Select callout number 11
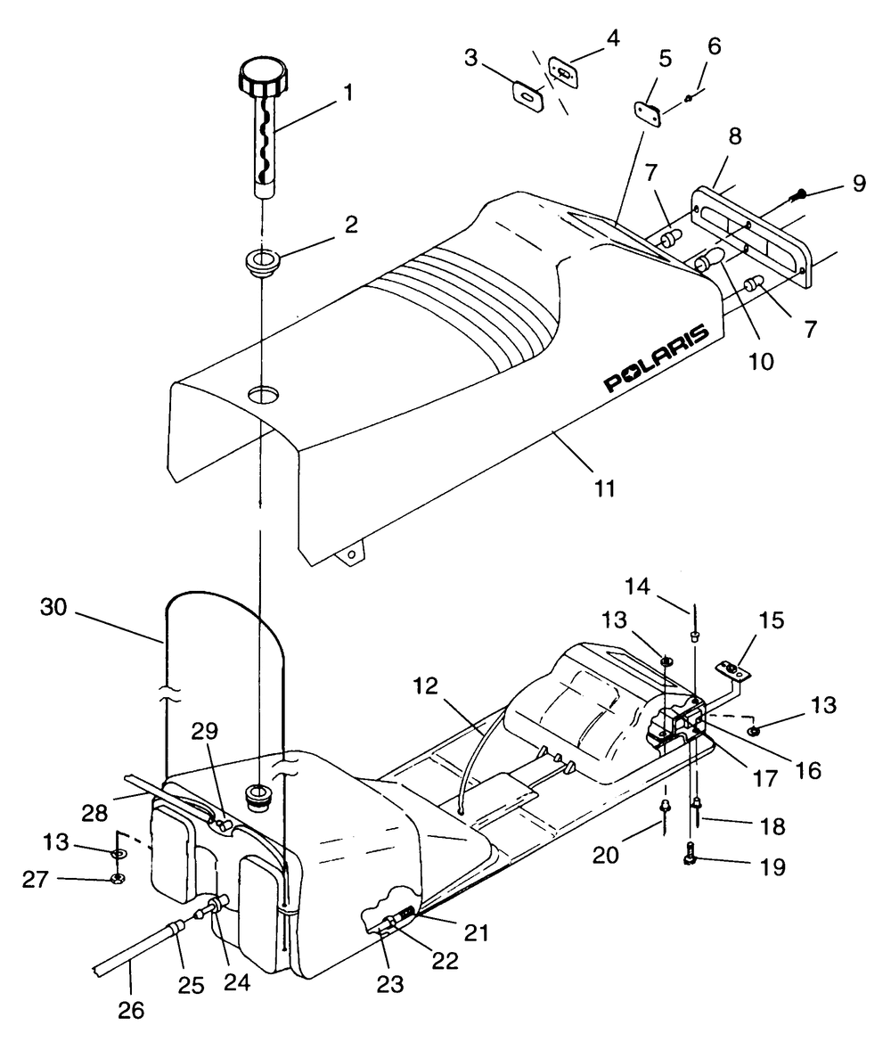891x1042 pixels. click(x=604, y=488)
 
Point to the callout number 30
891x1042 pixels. click(x=53, y=606)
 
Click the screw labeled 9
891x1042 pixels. click(x=797, y=195)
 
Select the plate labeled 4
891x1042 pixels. click(x=563, y=70)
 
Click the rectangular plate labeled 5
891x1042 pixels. click(x=648, y=113)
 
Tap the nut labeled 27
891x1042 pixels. click(x=118, y=879)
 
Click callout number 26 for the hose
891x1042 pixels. click(x=131, y=1010)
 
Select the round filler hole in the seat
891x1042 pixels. click(x=264, y=396)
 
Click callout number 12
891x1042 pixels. click(x=425, y=685)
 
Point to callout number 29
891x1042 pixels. click(x=205, y=730)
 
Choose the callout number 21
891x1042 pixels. click(x=477, y=933)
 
